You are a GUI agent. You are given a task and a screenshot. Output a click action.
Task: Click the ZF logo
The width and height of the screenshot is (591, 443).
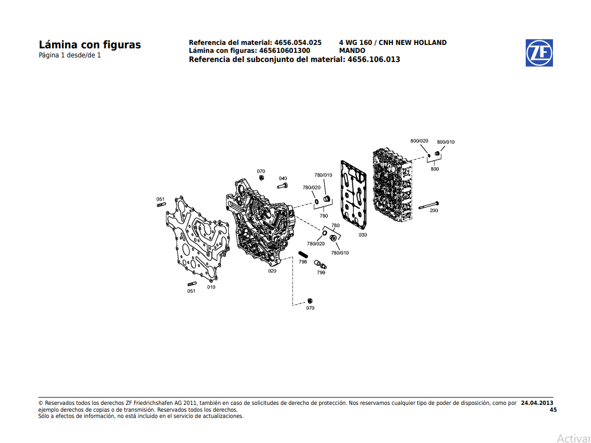[539, 53]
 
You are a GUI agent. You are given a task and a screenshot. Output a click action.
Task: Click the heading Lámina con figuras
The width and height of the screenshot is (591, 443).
[90, 45]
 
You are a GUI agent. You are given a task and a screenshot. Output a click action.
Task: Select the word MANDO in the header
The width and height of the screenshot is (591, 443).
[352, 51]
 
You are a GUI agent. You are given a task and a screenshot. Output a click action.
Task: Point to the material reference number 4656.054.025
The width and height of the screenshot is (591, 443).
[297, 43]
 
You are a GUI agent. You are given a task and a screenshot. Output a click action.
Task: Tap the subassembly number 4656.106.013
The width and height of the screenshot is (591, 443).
[374, 59]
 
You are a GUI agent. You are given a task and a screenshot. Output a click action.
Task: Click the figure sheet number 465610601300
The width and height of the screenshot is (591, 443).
[284, 51]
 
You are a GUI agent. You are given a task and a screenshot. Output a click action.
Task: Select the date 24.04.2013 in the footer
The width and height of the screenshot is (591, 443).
[536, 403]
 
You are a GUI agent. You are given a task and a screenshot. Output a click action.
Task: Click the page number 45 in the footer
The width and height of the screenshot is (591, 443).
[553, 409]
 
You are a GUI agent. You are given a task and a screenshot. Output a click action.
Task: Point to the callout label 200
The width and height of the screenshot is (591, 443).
[434, 210]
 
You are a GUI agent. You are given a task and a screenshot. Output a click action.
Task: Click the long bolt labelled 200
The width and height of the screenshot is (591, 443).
[429, 204]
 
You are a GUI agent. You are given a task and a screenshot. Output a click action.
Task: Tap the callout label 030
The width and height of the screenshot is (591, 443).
[363, 234]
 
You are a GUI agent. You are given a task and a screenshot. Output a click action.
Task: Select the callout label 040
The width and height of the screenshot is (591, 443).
[283, 179]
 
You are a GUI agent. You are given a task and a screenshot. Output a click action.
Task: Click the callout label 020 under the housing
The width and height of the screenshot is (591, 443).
[273, 271]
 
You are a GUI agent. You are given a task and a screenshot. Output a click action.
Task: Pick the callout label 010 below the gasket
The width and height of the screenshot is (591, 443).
[211, 287]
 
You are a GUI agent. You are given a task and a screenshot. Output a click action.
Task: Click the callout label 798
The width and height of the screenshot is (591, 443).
[303, 262]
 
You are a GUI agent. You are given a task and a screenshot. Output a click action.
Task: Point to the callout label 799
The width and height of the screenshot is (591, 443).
[321, 272]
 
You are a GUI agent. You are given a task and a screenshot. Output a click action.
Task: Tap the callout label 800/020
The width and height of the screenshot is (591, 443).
[419, 140]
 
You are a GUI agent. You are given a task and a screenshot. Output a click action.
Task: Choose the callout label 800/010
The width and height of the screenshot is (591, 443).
[446, 142]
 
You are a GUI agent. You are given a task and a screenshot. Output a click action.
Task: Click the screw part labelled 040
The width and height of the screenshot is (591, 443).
[282, 186]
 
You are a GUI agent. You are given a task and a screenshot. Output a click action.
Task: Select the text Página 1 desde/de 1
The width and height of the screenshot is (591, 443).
[70, 56]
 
